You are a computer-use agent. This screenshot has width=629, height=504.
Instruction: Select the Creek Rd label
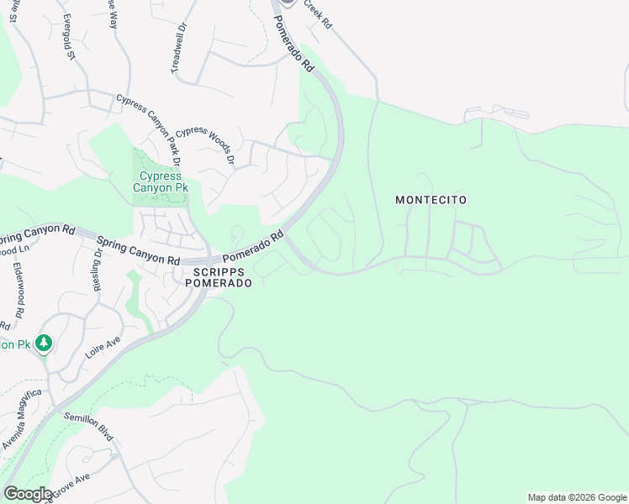click(319, 15)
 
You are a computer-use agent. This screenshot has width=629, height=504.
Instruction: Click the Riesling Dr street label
click(98, 269)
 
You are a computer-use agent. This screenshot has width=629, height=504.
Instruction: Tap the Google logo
click(28, 493)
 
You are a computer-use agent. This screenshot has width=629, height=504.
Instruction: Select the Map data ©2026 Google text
click(576, 497)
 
